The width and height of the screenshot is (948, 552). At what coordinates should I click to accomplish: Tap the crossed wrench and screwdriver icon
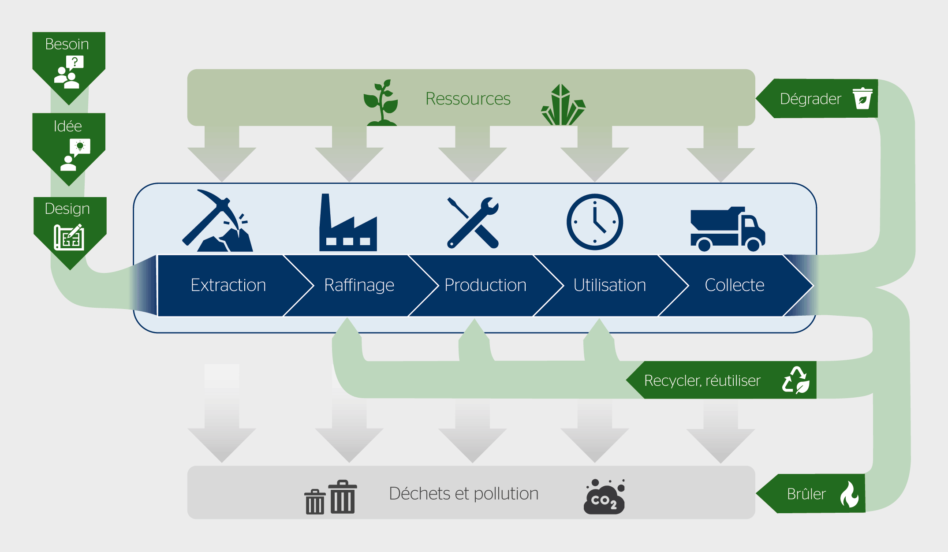473,223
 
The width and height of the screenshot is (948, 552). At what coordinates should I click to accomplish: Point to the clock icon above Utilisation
595,222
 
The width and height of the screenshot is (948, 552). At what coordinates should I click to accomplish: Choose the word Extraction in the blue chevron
228,285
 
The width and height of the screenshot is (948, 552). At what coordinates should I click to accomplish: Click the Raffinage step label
359,285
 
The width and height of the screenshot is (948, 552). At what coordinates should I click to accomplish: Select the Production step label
485,285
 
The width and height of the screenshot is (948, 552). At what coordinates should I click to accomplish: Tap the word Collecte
734,285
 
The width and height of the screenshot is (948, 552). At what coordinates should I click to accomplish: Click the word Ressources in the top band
468,99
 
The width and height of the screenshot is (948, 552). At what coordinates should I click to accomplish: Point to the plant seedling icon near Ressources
381,103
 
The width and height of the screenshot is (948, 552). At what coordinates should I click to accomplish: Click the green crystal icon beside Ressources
563,105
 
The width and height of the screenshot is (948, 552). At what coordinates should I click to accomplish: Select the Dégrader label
810,99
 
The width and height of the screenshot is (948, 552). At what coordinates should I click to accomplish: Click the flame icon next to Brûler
849,494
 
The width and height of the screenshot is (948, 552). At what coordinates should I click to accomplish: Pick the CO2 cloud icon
605,497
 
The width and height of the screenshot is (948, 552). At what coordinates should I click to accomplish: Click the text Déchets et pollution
463,494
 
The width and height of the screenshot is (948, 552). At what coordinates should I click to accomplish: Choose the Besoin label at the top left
67,44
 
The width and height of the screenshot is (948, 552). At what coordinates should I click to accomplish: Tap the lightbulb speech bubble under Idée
80,147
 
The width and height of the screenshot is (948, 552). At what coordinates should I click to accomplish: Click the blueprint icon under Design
69,237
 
